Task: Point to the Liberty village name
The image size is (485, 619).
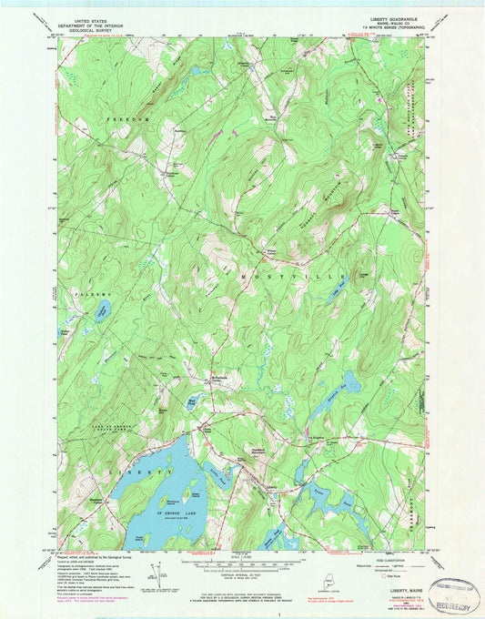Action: coord(270,486)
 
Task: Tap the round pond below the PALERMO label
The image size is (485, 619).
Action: coord(101,313)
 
